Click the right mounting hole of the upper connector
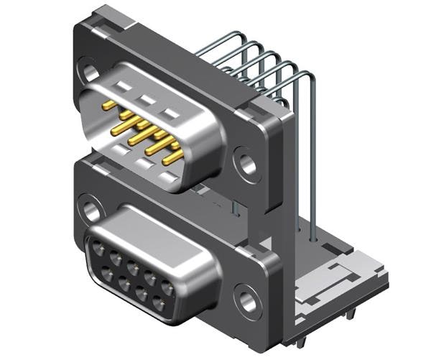(x=247, y=165)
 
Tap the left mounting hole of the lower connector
(x=91, y=211)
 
